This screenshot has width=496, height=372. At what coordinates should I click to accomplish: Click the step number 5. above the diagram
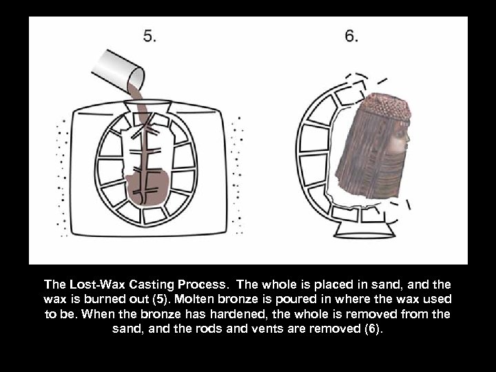(149, 37)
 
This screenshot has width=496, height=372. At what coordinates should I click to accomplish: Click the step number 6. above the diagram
(351, 37)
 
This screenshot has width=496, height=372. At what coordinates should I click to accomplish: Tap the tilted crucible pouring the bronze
(121, 66)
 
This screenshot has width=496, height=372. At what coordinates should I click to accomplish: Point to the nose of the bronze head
(409, 143)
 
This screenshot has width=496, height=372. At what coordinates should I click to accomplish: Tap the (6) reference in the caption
(373, 329)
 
